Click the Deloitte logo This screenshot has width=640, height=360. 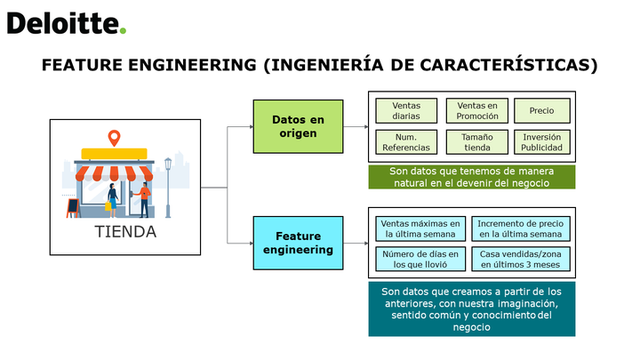coord(67,23)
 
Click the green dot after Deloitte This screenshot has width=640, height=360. coord(123,30)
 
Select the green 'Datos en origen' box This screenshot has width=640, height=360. coord(298,126)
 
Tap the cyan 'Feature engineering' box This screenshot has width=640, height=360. coord(298,243)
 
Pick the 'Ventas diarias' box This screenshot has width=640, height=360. coord(406,110)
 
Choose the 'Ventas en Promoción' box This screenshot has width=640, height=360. coord(477,110)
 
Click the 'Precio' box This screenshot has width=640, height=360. coord(541,110)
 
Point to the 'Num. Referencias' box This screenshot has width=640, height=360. coord(406,142)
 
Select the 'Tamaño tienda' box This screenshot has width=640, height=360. coord(477,142)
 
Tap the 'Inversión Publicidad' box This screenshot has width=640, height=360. coord(541,142)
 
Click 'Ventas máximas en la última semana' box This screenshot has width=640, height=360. coord(420,229)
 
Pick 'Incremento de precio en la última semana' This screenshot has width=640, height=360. coord(520,229)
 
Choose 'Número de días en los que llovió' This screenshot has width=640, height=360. coord(420,259)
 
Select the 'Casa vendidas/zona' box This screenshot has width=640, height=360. coord(520,259)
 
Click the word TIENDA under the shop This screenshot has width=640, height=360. coord(125,232)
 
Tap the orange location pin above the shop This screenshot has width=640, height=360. coord(115,138)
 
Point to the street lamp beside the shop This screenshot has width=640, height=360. coord(168,188)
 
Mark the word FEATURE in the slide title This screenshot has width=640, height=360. coord(82,65)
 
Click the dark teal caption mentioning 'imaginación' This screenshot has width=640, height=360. coord(472,309)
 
